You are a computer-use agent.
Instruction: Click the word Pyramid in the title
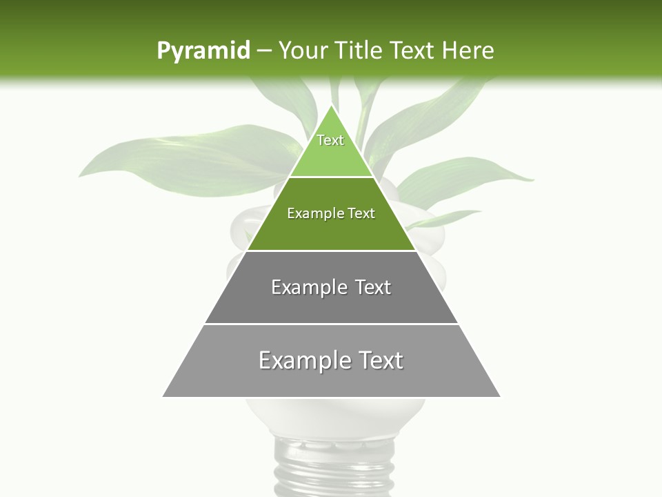[x=203, y=51]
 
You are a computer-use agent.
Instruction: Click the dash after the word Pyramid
[x=263, y=51]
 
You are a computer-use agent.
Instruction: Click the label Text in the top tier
[x=330, y=140]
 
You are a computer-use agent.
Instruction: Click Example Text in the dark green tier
[x=331, y=213]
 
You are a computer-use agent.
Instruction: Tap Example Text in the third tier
[x=331, y=287]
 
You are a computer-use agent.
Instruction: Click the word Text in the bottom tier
[x=380, y=360]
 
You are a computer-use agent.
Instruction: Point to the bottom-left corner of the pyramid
[x=163, y=396]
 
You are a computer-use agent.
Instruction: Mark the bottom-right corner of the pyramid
[x=499, y=396]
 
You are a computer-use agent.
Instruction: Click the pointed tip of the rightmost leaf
[x=532, y=180]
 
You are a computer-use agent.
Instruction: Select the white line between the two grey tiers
[x=331, y=323]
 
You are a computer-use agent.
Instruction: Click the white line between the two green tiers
[x=331, y=177]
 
